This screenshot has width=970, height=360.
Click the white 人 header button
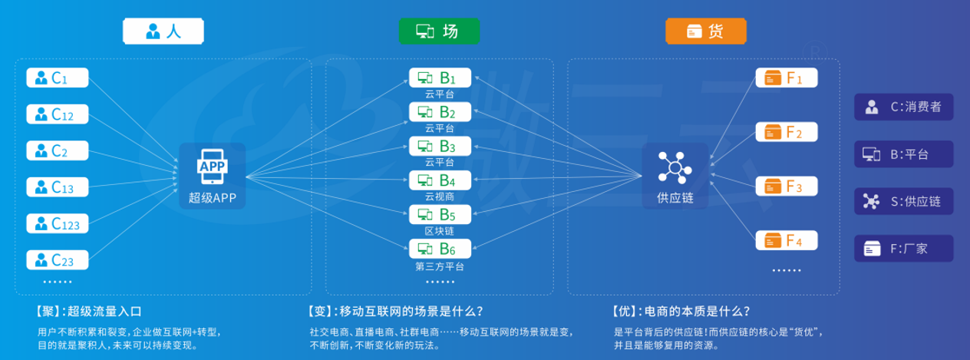(x=163, y=31)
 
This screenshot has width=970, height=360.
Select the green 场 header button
(x=439, y=31)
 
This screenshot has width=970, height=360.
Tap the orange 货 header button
(x=705, y=31)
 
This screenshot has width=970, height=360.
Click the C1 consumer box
(x=58, y=78)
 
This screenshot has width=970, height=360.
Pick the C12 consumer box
(x=58, y=114)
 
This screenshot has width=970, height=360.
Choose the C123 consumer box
(x=58, y=223)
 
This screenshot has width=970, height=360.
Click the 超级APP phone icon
(x=213, y=166)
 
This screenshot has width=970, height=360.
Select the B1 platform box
(x=440, y=78)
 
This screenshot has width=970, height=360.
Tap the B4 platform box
(x=440, y=180)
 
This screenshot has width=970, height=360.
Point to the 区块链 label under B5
(x=440, y=231)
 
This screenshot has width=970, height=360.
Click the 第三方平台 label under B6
(x=440, y=267)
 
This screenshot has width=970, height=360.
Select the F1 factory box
(x=787, y=78)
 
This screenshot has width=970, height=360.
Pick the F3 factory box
(x=787, y=187)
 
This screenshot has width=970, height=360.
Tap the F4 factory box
(x=787, y=241)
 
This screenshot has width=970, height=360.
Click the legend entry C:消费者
(x=903, y=107)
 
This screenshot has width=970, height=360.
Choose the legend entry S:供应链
(x=903, y=201)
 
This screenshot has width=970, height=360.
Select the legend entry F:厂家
(x=903, y=248)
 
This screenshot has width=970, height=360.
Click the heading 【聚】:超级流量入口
(x=88, y=312)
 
